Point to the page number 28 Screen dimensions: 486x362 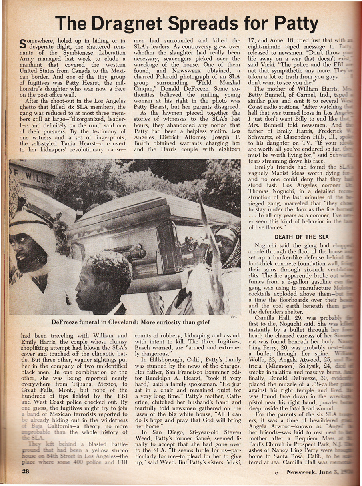17,471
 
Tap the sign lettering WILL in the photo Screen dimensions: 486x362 34,175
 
